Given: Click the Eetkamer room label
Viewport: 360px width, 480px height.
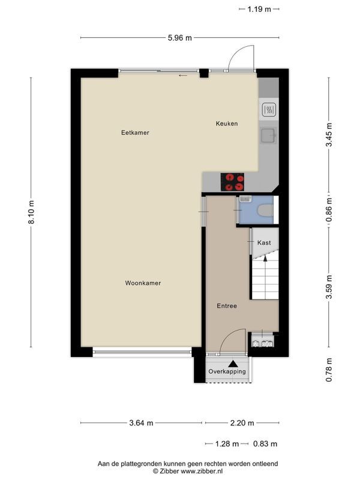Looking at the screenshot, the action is pyautogui.click(x=135, y=133).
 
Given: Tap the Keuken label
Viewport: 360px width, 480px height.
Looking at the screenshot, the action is pyautogui.click(x=227, y=124).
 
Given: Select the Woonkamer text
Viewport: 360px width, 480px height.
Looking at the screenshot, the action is pyautogui.click(x=143, y=283).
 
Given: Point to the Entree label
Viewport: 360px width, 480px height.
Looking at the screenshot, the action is pyautogui.click(x=227, y=306).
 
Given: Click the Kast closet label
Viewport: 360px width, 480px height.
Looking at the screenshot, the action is pyautogui.click(x=264, y=243).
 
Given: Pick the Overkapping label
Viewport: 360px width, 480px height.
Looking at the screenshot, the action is pyautogui.click(x=227, y=371).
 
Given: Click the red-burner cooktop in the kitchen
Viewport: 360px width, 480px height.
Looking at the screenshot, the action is pyautogui.click(x=232, y=182).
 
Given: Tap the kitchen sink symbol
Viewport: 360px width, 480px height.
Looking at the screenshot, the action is pyautogui.click(x=268, y=136).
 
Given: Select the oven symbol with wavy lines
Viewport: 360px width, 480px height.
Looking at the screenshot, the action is pyautogui.click(x=269, y=109).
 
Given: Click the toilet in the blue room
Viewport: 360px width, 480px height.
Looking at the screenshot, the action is pyautogui.click(x=265, y=211).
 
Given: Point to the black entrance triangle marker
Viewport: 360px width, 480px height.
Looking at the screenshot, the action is pyautogui.click(x=233, y=364).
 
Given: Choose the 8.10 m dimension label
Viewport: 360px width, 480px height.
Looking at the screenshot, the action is pyautogui.click(x=31, y=212).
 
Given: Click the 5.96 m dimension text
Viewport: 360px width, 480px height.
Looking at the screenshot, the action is pyautogui.click(x=179, y=38).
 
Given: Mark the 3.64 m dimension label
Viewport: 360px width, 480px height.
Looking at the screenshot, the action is pyautogui.click(x=141, y=423).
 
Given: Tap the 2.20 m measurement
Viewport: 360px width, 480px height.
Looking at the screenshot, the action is pyautogui.click(x=242, y=423).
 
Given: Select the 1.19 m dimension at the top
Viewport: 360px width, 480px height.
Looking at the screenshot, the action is pyautogui.click(x=259, y=9).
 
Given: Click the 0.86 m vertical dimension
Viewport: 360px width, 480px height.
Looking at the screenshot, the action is pyautogui.click(x=329, y=209).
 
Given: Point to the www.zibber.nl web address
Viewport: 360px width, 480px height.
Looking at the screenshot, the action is pyautogui.click(x=202, y=471).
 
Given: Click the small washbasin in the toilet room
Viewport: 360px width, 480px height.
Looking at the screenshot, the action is pyautogui.click(x=245, y=199).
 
